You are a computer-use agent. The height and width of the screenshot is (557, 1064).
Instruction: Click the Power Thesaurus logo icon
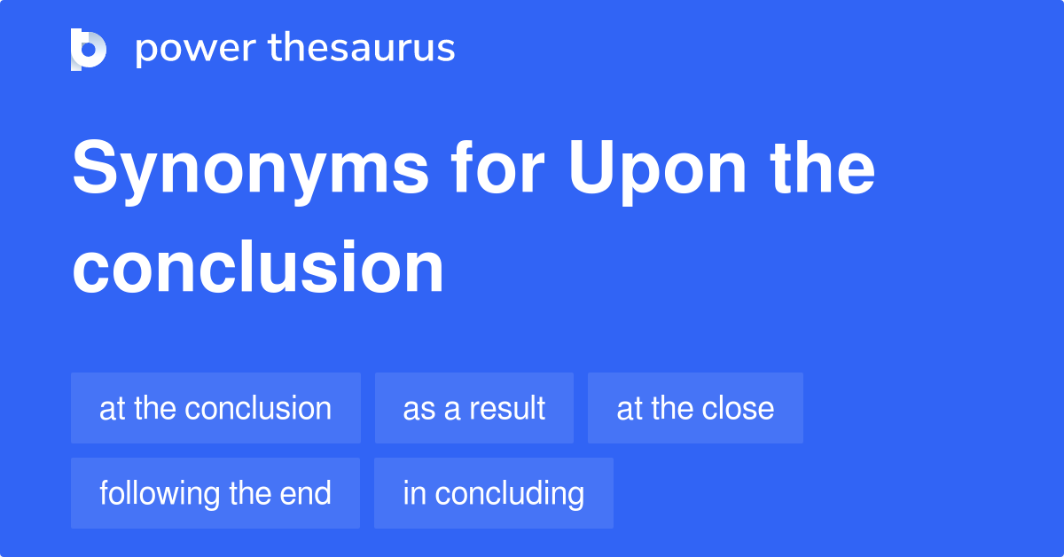[x=89, y=49]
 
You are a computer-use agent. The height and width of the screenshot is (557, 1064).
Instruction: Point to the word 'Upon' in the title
[x=658, y=170]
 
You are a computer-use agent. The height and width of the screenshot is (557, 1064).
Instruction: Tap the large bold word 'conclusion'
[x=258, y=268]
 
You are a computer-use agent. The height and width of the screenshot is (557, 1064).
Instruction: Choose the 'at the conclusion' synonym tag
[x=215, y=408]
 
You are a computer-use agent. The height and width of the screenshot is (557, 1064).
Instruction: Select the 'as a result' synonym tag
[x=473, y=408]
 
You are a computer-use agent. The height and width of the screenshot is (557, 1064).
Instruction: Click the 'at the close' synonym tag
[x=695, y=408]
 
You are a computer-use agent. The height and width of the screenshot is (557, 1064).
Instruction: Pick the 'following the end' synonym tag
[x=215, y=493]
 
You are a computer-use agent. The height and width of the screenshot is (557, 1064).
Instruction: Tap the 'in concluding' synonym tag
[x=493, y=493]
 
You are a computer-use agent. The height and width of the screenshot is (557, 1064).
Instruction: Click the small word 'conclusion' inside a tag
[x=258, y=408]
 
